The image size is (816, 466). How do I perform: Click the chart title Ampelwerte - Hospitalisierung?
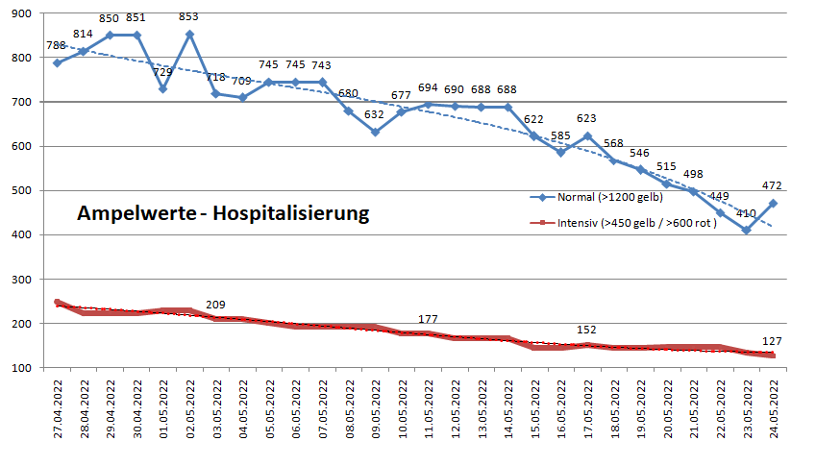[223, 213]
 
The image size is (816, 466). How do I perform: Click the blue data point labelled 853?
[189, 34]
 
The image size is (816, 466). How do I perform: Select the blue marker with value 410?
[745, 231]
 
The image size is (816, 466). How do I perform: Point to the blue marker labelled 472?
[772, 204]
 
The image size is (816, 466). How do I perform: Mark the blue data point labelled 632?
[375, 132]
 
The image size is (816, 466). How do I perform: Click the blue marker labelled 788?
[58, 62]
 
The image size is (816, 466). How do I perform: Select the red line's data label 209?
[217, 306]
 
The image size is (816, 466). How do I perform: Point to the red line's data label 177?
[429, 319]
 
